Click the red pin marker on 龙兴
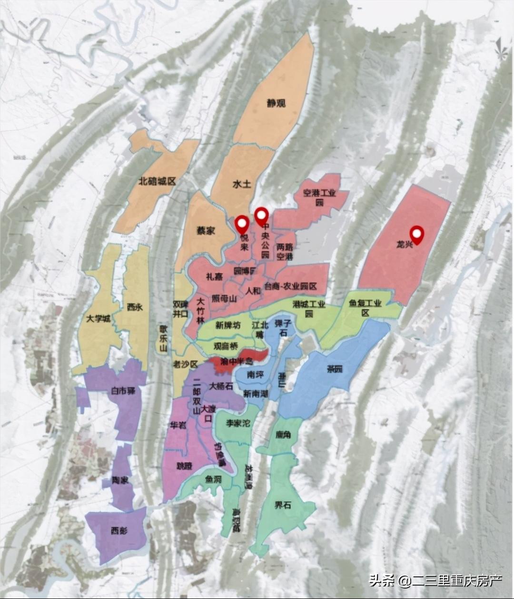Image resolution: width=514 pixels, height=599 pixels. [417, 234]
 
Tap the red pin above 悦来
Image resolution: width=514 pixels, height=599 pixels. [242, 224]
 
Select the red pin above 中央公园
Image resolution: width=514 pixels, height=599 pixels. [261, 216]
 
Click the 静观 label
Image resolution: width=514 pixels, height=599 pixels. [276, 103]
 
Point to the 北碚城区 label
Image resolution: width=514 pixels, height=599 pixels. [157, 181]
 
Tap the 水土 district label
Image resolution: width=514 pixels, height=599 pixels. [242, 184]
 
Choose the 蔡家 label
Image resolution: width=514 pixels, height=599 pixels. [206, 231]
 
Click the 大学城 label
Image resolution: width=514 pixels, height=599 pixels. [99, 319]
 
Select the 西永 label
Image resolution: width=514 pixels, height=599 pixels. [135, 307]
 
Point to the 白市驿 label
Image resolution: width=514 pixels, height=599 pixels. [123, 391]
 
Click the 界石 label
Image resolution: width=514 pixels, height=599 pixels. [282, 505]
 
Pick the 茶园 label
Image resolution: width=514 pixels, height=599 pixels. [335, 369]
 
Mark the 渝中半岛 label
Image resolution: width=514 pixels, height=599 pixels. [236, 362]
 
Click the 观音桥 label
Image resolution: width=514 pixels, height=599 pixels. [226, 347]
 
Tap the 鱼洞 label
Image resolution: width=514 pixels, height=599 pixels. [213, 480]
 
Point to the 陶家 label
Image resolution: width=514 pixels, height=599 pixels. [120, 481]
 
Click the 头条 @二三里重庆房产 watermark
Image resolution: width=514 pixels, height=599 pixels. [435, 580]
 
